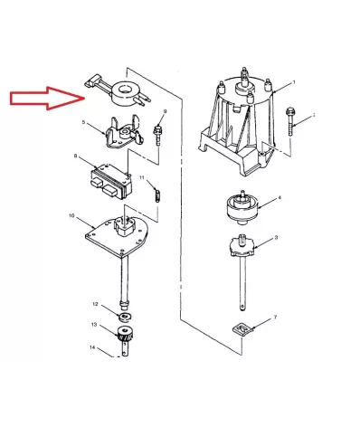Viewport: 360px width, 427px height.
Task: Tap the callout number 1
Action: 291,84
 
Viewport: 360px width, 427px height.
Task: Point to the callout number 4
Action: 279,196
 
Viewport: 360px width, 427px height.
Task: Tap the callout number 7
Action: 275,317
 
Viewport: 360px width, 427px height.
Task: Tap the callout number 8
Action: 75,157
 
